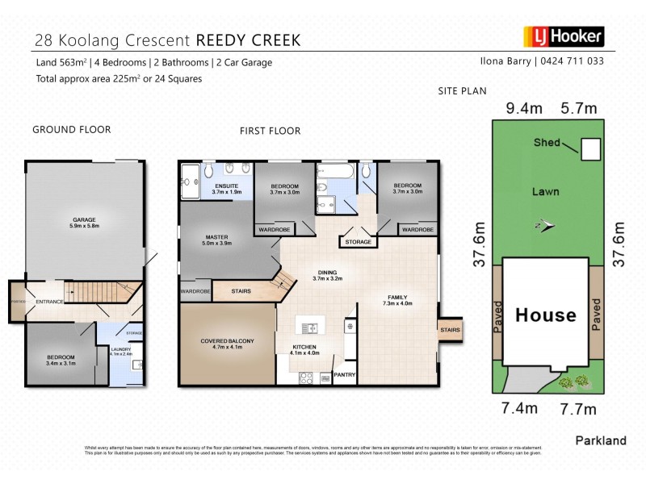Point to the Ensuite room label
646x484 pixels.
coord(227,188)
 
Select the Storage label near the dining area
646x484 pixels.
coord(358,242)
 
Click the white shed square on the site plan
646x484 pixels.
coord(592,148)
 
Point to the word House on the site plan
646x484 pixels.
coord(546,315)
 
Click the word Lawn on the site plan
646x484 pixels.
coord(547,192)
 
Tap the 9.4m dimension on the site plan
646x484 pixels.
coord(522,107)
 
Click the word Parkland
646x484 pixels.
coord(600,440)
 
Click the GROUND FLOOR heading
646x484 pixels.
coord(71,129)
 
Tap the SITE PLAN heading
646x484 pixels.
coord(462,91)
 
